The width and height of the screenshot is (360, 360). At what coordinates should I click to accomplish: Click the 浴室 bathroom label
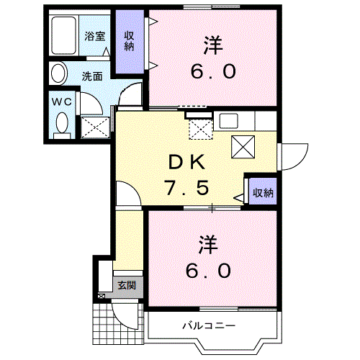(x=95, y=37)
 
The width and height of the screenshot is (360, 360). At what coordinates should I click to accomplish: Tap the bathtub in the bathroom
(x=64, y=35)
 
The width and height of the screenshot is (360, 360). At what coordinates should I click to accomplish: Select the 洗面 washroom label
(x=92, y=76)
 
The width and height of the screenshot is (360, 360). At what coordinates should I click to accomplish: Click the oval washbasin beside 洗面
(x=58, y=73)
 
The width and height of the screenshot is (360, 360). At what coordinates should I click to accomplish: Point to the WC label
(x=62, y=102)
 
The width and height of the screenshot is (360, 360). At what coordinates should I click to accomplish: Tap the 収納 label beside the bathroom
(x=129, y=41)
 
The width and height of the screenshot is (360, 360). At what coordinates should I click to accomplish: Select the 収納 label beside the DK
(x=263, y=192)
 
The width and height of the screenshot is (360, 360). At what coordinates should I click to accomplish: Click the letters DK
(x=187, y=162)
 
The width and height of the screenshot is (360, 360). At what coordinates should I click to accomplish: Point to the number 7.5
(x=187, y=188)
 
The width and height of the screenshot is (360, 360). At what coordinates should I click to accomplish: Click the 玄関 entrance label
(x=127, y=285)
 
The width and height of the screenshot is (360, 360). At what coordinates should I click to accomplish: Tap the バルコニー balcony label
(x=209, y=325)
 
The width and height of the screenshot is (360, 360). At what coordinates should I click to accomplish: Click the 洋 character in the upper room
(x=213, y=45)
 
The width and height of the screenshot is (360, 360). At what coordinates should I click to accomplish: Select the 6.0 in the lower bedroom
(x=209, y=271)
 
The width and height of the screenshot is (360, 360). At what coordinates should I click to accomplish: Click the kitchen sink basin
(x=229, y=121)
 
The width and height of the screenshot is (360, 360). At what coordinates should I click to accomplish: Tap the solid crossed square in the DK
(x=243, y=147)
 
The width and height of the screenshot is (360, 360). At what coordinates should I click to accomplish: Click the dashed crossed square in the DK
(x=201, y=130)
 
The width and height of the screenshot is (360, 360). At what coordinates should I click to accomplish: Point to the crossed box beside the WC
(x=95, y=127)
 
